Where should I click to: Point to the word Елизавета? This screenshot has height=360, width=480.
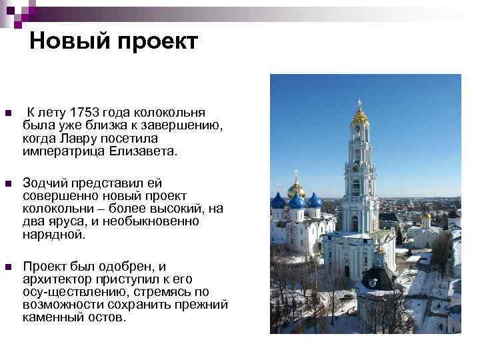click(x=144, y=151)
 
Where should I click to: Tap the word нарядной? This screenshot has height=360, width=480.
click(x=54, y=235)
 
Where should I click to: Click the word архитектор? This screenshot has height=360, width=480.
click(x=59, y=279)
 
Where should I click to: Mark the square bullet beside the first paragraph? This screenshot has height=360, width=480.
click(x=7, y=113)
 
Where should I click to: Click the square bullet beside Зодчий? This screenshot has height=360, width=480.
click(x=7, y=183)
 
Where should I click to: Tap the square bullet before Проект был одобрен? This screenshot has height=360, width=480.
click(x=7, y=267)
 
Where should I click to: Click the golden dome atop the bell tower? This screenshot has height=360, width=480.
click(x=360, y=117)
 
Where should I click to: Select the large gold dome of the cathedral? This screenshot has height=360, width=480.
click(x=296, y=188)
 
